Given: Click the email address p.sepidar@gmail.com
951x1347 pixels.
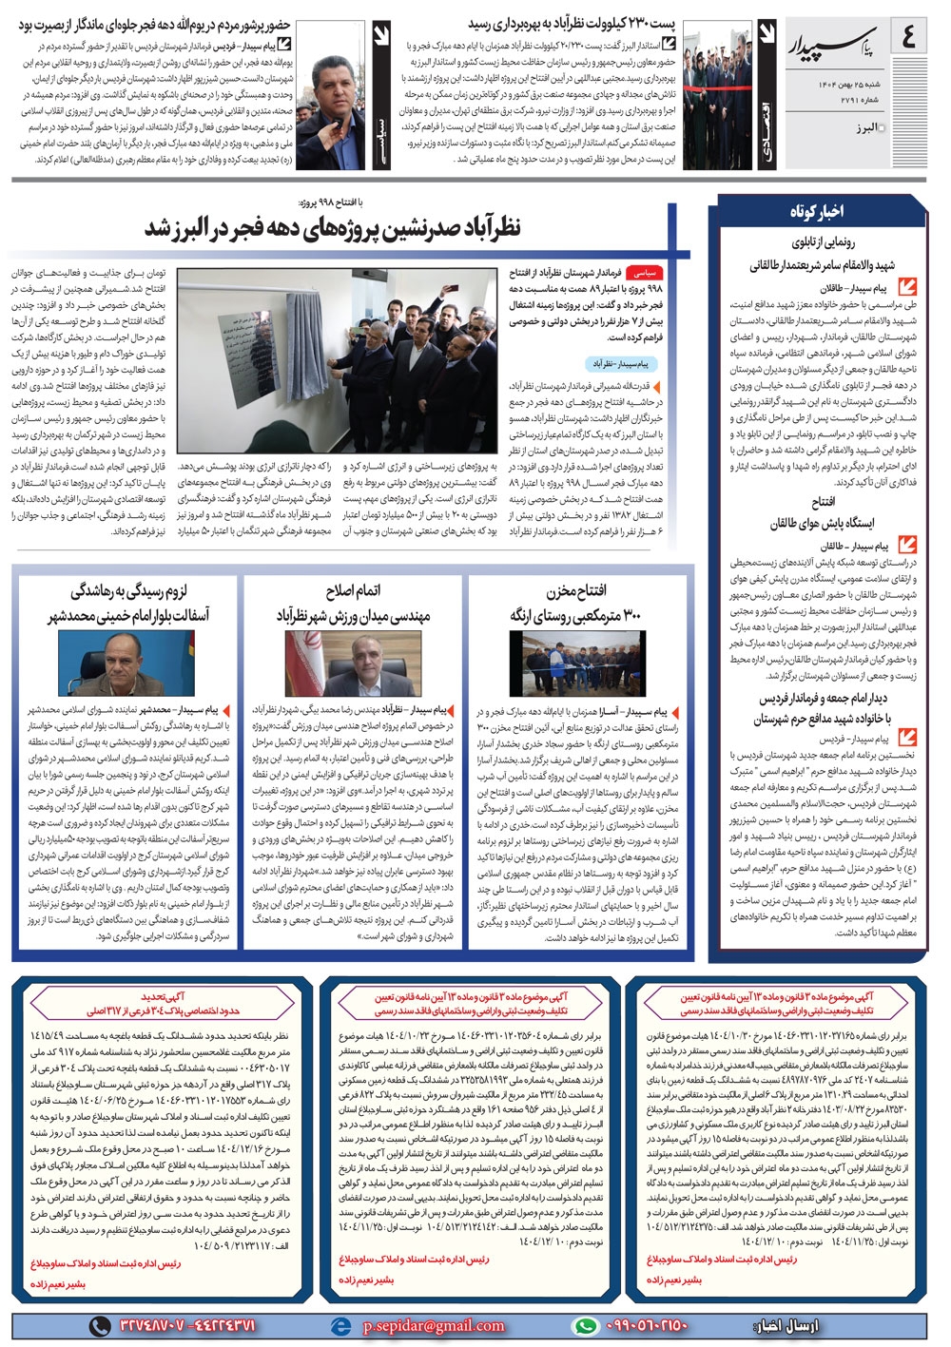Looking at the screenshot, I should point(434,1325).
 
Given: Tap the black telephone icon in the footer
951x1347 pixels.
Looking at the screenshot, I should point(99,1325).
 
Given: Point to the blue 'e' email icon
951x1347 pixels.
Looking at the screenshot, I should point(340,1325).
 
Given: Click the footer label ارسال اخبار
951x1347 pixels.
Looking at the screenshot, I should point(790,1325).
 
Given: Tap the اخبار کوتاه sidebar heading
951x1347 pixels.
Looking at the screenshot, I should point(816,212).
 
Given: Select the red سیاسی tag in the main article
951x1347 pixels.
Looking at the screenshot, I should point(671,272).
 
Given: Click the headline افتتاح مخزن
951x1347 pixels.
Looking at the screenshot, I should point(577,591).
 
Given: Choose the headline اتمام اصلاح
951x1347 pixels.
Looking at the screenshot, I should point(353,591).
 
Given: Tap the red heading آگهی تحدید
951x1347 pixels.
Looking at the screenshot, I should point(163,997).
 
